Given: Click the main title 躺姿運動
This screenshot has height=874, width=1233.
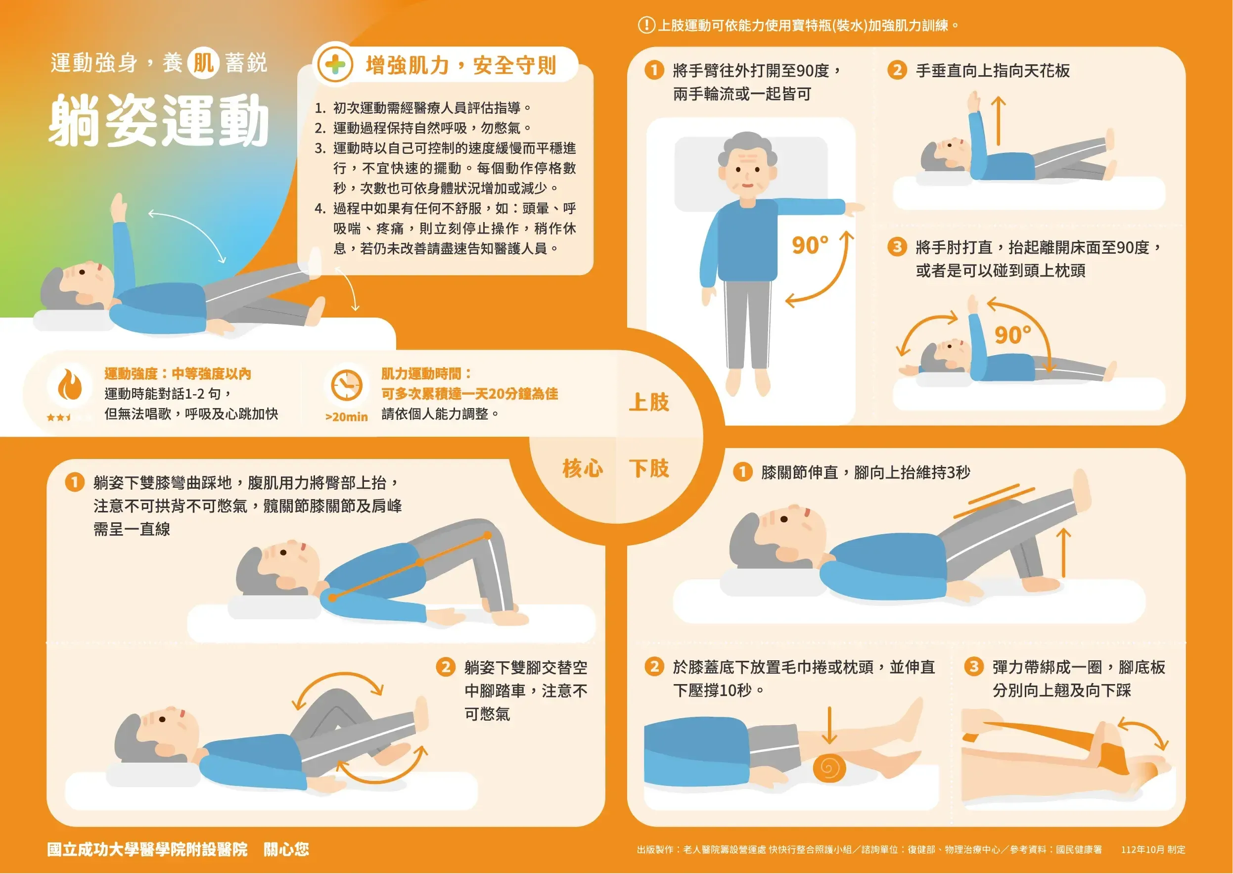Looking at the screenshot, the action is (x=159, y=120).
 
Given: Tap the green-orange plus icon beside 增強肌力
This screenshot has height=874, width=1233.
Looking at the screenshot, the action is (x=335, y=65).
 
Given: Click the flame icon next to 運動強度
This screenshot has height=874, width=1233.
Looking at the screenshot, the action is (x=70, y=384).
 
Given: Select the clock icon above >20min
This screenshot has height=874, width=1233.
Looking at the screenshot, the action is (x=347, y=385).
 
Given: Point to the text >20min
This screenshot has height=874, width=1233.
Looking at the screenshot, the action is (x=347, y=416).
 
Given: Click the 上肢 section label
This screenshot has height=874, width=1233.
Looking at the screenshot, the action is (x=649, y=402).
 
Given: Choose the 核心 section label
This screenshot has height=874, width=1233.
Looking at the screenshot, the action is (x=582, y=468).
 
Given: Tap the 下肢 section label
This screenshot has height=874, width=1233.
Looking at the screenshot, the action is (x=649, y=468).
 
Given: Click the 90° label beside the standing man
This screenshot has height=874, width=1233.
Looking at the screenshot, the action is (x=810, y=245).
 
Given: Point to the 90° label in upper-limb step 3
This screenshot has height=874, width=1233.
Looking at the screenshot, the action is (x=1012, y=335).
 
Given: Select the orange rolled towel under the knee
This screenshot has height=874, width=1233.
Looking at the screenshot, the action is (x=829, y=768).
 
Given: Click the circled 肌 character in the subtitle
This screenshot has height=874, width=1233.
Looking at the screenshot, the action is (x=203, y=63).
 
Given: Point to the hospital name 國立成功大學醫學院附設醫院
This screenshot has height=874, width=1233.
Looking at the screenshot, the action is (x=147, y=849).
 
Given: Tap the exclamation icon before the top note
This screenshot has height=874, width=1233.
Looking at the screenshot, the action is (x=646, y=25).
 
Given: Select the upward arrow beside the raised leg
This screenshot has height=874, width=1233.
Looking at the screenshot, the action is (x=1063, y=552).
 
